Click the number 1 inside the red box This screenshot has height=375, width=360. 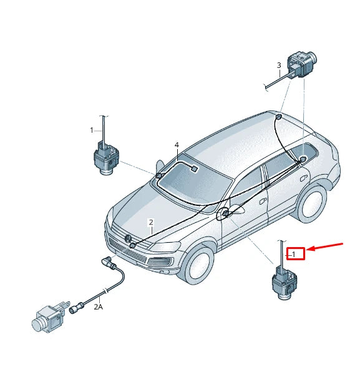click(294, 254)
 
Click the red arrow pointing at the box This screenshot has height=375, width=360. click(326, 247)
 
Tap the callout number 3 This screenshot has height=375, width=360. click(279, 66)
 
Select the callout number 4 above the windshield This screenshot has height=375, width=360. click(177, 145)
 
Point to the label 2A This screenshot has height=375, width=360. click(99, 306)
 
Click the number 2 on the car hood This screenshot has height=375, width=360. click(150, 222)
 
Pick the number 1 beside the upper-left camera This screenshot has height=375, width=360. click(92, 130)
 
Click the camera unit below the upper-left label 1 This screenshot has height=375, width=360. click(104, 156)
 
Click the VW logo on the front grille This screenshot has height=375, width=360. click(128, 239)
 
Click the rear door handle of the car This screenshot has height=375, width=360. click(304, 177)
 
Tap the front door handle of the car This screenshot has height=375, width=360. click(263, 201)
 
